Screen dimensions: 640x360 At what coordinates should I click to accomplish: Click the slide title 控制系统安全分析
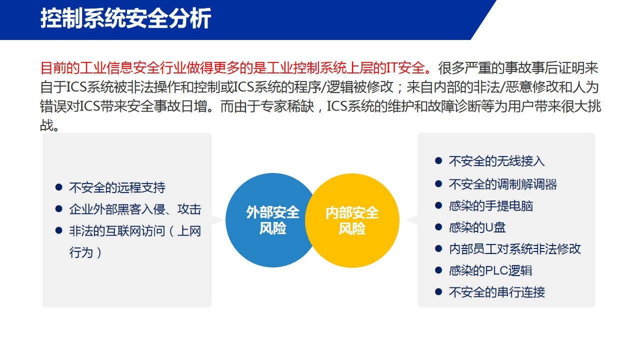click(x=125, y=18)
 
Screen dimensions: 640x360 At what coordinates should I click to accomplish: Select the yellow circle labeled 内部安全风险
click(x=352, y=220)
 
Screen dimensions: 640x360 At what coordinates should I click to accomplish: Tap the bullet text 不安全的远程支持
click(x=117, y=187)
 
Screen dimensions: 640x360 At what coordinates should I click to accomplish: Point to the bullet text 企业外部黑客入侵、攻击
click(x=135, y=209)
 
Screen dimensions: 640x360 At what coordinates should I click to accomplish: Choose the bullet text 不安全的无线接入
click(x=497, y=161)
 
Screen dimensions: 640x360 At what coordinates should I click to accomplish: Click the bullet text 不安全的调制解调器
click(x=503, y=184)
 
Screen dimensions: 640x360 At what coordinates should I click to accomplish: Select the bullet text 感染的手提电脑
click(x=491, y=206)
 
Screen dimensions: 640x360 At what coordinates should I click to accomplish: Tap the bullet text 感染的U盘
click(x=477, y=227)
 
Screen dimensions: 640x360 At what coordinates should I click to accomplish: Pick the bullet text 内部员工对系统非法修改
click(x=515, y=249)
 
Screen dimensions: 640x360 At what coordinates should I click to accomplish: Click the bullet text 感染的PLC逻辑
click(x=490, y=270)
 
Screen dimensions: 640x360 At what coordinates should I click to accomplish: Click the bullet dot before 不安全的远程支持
click(x=59, y=187)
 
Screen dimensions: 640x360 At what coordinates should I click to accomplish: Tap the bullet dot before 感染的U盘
click(x=438, y=227)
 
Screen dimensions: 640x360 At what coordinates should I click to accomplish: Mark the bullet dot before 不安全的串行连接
click(x=438, y=291)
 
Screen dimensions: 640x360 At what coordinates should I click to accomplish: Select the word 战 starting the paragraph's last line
click(x=46, y=125)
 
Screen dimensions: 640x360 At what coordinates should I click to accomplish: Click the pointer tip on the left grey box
click(x=222, y=220)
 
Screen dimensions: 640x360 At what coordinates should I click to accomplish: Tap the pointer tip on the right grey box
click(x=407, y=220)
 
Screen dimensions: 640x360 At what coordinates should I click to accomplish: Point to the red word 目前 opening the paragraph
click(x=53, y=68)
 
